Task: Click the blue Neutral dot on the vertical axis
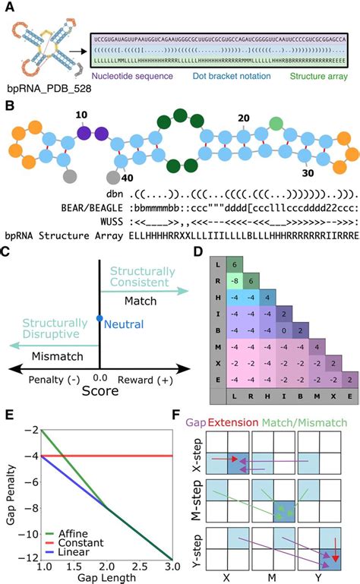click(99, 319)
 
